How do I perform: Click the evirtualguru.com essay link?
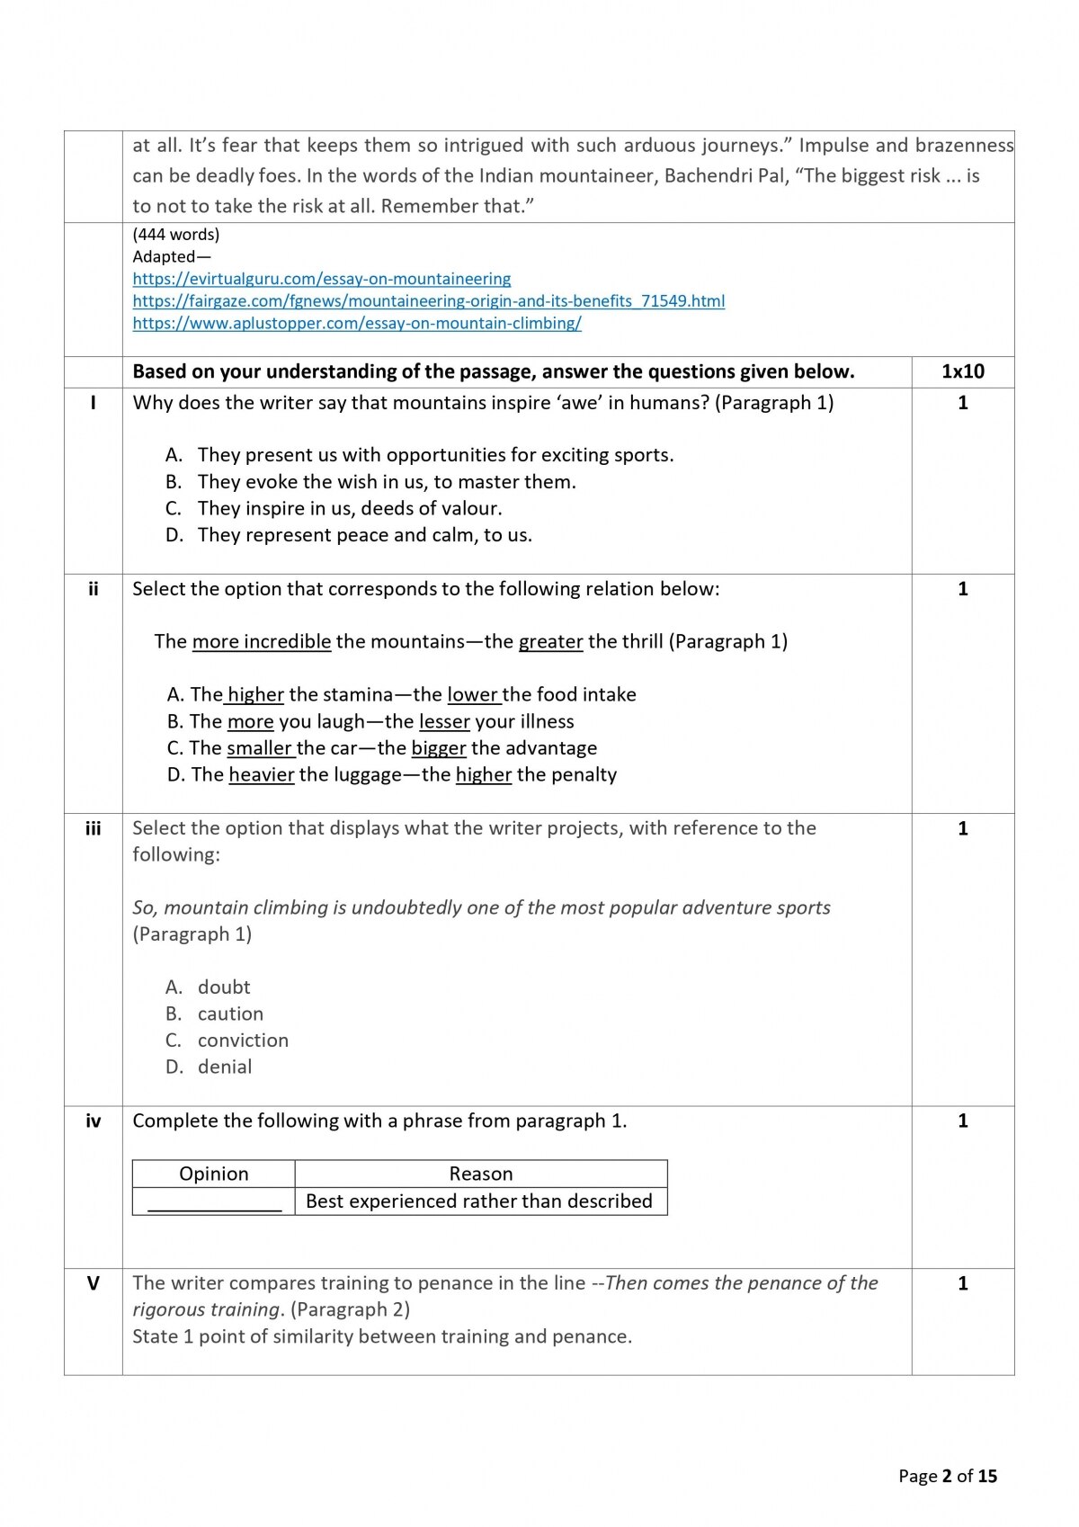point(321,279)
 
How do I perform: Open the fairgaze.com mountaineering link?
point(428,301)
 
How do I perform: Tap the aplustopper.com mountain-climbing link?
point(356,323)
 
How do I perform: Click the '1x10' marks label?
point(962,371)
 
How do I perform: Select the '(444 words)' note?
point(175,235)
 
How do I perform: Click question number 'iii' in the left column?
point(93,828)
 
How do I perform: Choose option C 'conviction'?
point(243,1040)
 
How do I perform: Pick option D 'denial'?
point(225,1067)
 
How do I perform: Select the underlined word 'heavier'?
point(261,775)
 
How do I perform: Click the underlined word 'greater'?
point(550,642)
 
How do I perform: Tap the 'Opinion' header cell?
point(213,1174)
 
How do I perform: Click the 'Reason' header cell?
point(480,1174)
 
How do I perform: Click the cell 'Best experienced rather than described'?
point(478,1201)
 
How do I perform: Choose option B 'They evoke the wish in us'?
point(386,482)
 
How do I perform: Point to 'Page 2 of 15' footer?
point(947,1476)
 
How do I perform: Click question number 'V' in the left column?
point(93,1283)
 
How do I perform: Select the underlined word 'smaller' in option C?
point(259,748)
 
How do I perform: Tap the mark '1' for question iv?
point(962,1121)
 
